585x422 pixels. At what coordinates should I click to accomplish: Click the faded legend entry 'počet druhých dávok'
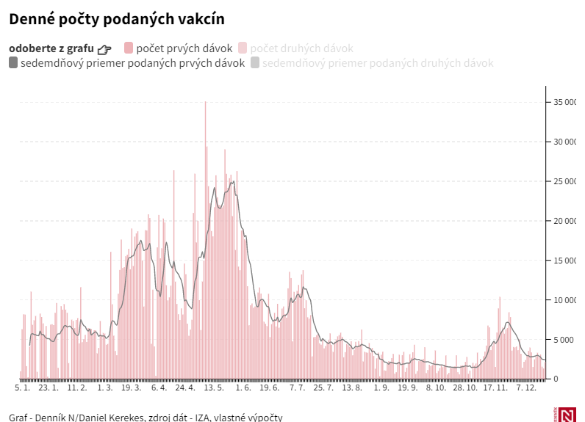302,48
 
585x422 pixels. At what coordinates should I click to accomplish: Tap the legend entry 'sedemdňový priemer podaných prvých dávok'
132,63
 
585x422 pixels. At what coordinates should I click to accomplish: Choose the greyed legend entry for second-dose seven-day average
378,63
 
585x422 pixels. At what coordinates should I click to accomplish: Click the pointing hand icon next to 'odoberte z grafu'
104,49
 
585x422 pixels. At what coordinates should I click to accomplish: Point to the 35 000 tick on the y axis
564,102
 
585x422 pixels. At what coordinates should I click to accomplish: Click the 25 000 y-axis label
564,181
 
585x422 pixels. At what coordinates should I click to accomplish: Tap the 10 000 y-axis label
564,300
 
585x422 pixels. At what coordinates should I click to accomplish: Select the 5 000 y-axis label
567,340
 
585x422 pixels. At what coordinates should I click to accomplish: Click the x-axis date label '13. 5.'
214,388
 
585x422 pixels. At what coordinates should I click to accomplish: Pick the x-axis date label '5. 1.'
23,388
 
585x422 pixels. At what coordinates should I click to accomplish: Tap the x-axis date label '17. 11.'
495,388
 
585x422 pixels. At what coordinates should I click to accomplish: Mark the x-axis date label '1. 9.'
381,388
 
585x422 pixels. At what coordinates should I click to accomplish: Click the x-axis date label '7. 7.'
298,388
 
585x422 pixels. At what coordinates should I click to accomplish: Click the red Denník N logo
567,415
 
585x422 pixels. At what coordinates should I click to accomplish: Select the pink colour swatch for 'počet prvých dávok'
129,48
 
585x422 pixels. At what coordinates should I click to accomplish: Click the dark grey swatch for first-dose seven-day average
13,63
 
